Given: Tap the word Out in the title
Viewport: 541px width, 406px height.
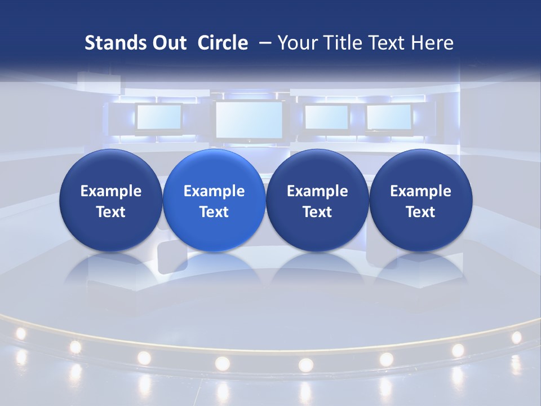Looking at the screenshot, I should (x=169, y=43).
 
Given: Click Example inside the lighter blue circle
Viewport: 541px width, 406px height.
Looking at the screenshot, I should (x=214, y=191).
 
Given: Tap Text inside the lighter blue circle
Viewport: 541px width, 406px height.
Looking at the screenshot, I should (x=214, y=212).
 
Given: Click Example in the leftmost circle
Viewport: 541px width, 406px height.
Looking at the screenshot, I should (x=111, y=191).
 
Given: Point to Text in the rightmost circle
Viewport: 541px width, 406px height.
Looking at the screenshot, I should (x=421, y=212).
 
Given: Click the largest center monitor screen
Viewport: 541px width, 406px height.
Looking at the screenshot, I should (x=249, y=120).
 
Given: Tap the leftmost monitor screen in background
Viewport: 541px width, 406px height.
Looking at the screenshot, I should (x=159, y=117).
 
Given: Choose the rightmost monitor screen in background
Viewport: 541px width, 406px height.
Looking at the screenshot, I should (x=389, y=117).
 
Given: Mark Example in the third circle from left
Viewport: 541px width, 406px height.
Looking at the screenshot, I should (x=317, y=191).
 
